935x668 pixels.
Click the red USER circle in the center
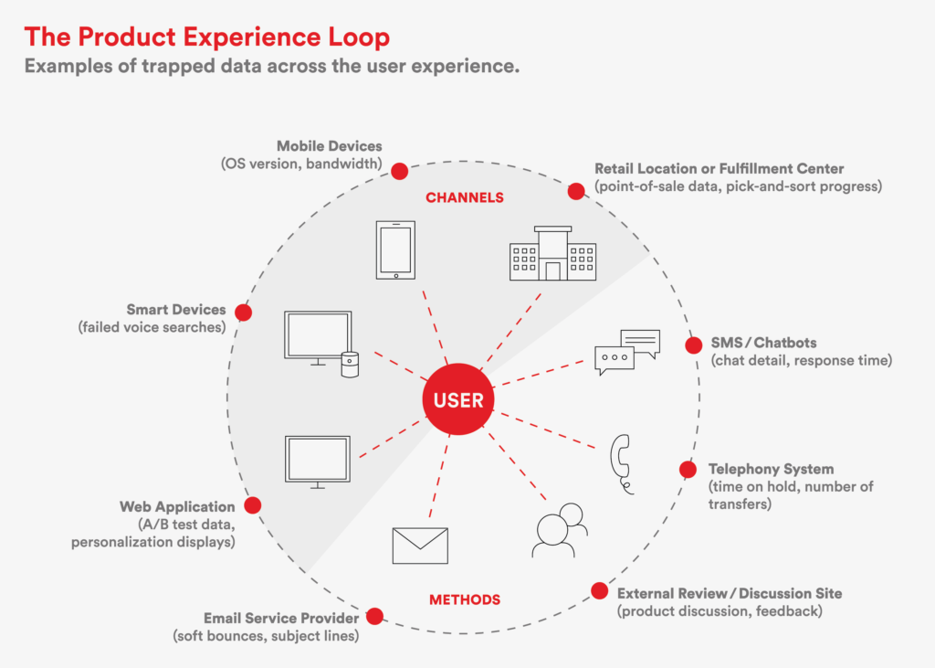coord(458,398)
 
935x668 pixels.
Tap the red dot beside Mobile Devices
coord(400,171)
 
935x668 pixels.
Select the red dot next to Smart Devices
coord(243,313)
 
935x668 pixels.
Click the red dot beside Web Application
coord(253,505)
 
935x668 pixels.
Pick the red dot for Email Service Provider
coord(375,616)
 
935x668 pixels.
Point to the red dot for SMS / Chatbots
coord(694,345)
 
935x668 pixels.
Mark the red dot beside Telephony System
coord(688,469)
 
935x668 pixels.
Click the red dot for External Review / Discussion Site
coord(599,591)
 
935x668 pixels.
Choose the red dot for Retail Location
coord(576,191)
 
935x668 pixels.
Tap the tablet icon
coord(395,250)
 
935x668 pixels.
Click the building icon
coord(552,253)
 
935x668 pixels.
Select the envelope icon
coord(420,546)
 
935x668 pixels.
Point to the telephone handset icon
coord(621,464)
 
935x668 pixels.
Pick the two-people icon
coord(560,530)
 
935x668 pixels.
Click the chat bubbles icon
coord(627,352)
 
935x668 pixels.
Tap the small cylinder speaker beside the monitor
coord(350,365)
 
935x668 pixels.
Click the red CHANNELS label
coord(465,197)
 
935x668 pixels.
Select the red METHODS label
coord(465,599)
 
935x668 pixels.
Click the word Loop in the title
coord(358,37)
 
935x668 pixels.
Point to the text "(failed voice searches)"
coord(152,327)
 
